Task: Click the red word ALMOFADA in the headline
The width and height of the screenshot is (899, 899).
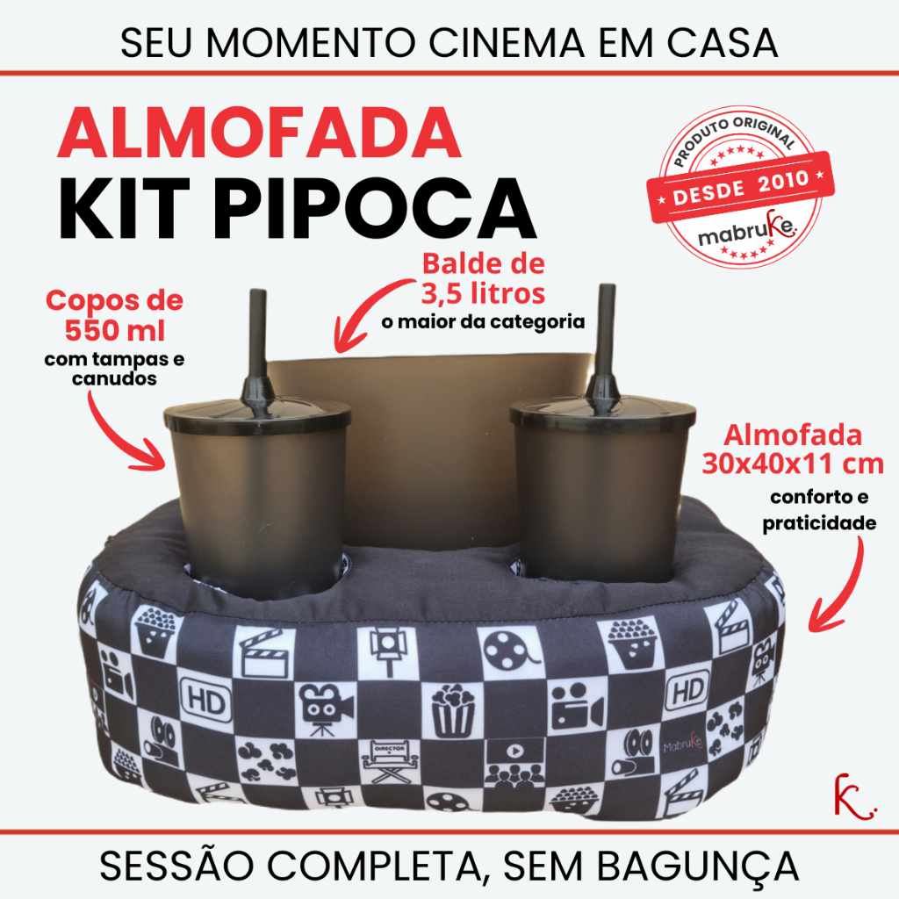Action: tap(259, 133)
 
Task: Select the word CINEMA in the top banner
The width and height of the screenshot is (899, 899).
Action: tap(507, 42)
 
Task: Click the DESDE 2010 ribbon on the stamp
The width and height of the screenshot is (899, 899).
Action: tap(740, 187)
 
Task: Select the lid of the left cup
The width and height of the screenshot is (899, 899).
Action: tap(257, 415)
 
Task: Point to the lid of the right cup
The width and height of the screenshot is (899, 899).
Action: tap(602, 411)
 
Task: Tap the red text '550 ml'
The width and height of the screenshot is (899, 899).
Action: tap(115, 330)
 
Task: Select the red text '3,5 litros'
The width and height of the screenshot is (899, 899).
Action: tap(484, 294)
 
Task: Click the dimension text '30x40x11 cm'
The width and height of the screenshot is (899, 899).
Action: tap(793, 464)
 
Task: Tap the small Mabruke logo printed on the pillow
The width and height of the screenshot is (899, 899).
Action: tap(683, 742)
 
